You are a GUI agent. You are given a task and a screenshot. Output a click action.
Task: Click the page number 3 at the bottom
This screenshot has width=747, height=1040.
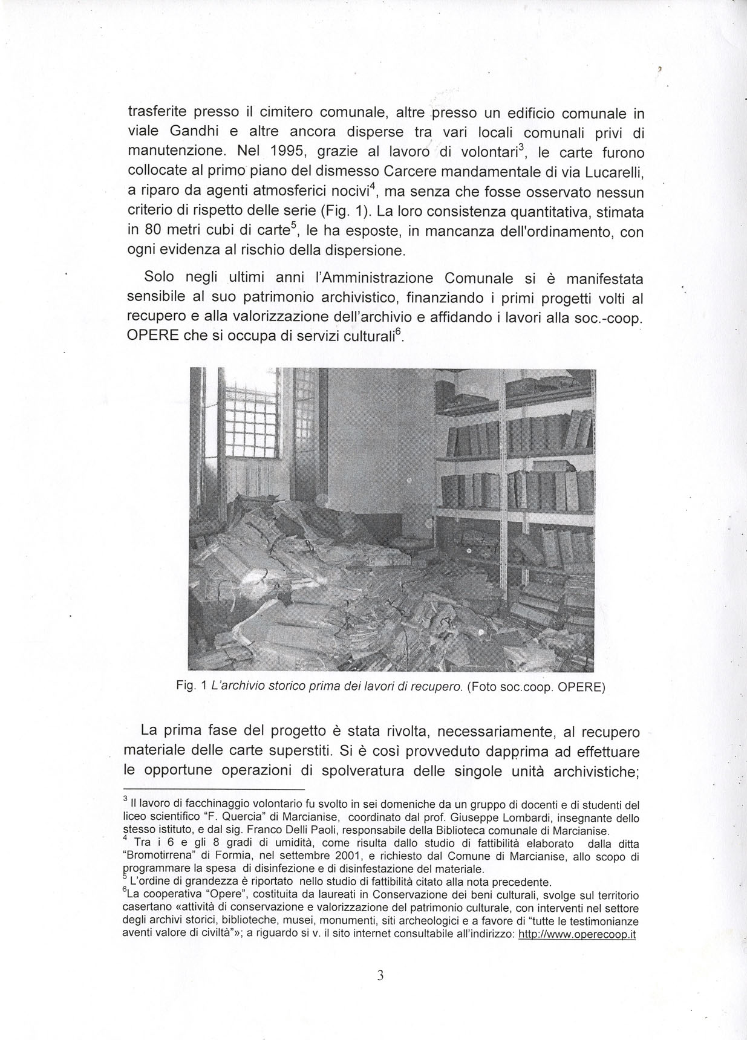[380, 975]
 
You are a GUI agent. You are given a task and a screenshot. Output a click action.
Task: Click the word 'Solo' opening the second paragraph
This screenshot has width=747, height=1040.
[159, 277]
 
